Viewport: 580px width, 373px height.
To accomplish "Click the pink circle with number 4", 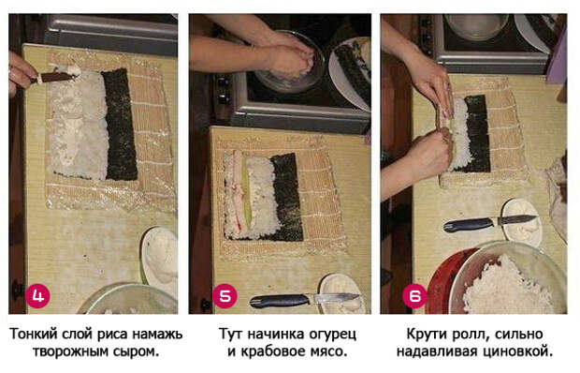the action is pos(37,295).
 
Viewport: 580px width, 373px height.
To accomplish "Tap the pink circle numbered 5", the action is pos(225,295).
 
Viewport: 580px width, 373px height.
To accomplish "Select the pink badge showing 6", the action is pos(414,295).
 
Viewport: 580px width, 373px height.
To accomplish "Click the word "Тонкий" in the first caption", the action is pos(34,335).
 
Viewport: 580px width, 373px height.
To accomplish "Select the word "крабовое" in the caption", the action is pos(276,351).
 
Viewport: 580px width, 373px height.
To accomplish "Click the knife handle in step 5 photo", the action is pos(280,301).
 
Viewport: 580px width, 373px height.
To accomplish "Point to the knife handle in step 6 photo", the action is pos(469,224).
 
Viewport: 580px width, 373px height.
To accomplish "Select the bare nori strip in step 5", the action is pos(287,196).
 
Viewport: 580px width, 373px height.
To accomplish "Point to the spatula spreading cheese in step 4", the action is pos(55,77).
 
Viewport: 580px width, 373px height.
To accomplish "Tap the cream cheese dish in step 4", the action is pos(160,260).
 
